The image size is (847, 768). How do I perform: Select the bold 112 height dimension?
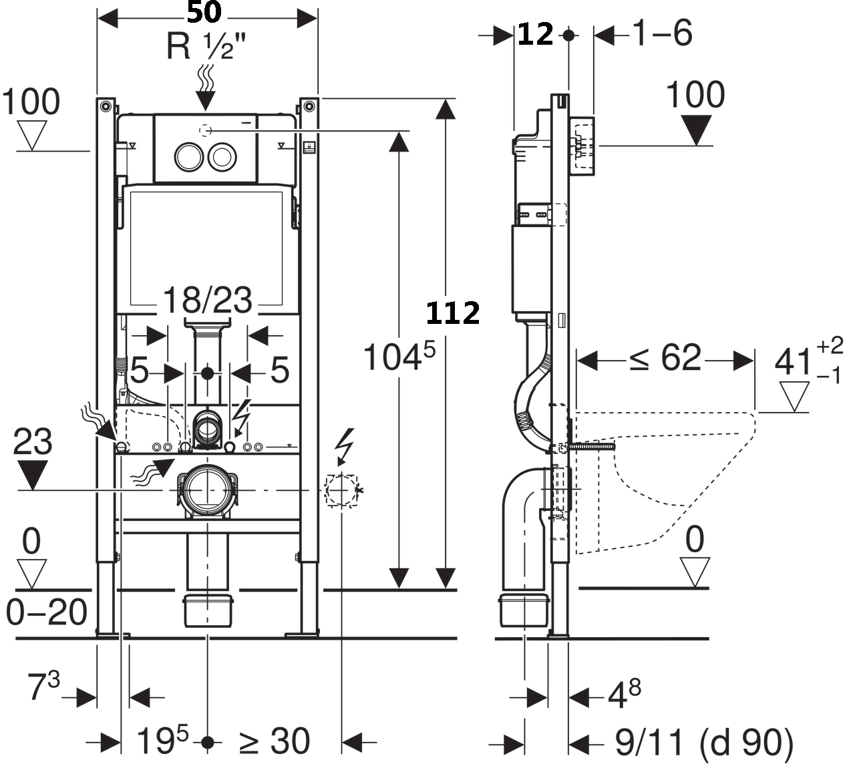[453, 313]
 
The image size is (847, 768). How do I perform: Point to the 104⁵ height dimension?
[398, 357]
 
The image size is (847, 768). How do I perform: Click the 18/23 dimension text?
[207, 300]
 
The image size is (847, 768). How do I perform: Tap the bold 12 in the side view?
[536, 34]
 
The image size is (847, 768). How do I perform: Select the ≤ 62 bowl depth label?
[665, 359]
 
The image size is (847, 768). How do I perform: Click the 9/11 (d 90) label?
[703, 742]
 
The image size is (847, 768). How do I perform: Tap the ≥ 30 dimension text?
[275, 741]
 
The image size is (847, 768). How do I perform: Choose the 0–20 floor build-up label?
[47, 612]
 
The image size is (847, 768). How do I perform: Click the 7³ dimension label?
[43, 687]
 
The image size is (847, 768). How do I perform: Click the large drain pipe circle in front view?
[207, 490]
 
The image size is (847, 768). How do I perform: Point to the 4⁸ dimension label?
[624, 695]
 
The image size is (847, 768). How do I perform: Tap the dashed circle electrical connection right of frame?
[341, 490]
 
